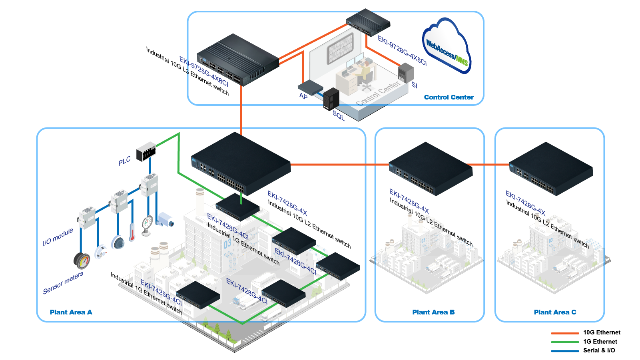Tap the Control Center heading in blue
click(449, 97)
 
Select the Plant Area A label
click(71, 312)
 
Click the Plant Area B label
click(433, 312)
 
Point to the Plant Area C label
click(555, 312)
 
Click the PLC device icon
click(146, 151)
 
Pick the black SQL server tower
click(331, 99)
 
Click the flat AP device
click(310, 88)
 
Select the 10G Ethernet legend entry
click(586, 332)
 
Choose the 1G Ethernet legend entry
click(584, 342)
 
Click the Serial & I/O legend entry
click(583, 350)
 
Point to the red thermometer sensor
click(132, 232)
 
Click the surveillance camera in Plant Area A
click(165, 219)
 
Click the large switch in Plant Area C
click(551, 169)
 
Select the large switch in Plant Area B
click(431, 169)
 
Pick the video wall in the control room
click(340, 48)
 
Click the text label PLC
click(125, 161)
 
